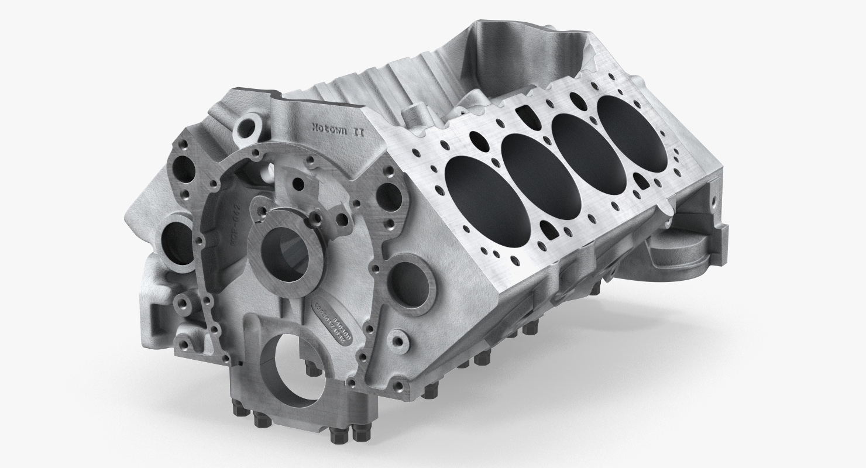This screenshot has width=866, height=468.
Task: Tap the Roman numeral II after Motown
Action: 358,132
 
